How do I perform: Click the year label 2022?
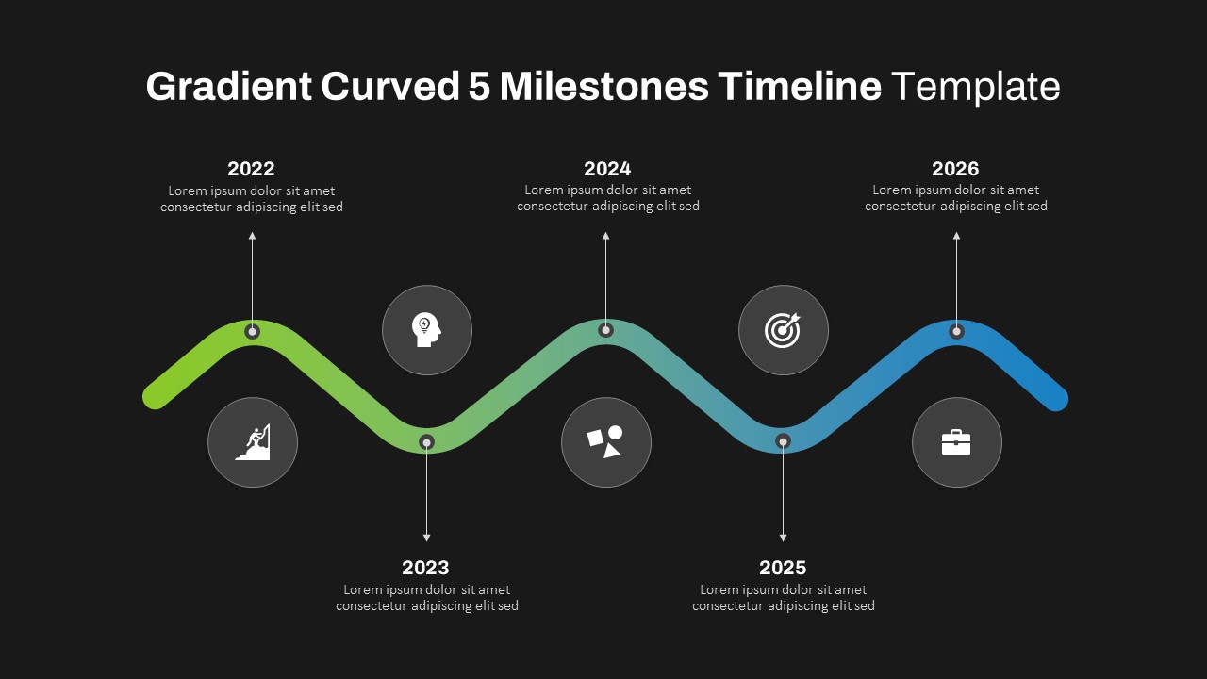point(251,169)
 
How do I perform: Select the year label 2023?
point(425,568)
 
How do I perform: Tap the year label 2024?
point(607,169)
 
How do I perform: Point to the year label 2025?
point(783,568)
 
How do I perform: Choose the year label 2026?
point(955,169)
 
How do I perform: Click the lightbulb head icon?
point(426,330)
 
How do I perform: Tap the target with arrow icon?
point(783,330)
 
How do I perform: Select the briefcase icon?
point(956,442)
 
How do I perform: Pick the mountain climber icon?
point(253,442)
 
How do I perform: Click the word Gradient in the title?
point(229,87)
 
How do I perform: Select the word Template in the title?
point(975,87)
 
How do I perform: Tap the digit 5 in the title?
point(479,87)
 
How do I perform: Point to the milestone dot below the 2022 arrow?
point(252,331)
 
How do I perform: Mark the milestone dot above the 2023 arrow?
point(426,442)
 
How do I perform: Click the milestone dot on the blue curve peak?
point(956,331)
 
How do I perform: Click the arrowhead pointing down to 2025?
point(783,538)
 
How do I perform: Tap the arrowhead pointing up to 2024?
point(605,236)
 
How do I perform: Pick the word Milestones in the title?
point(604,87)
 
